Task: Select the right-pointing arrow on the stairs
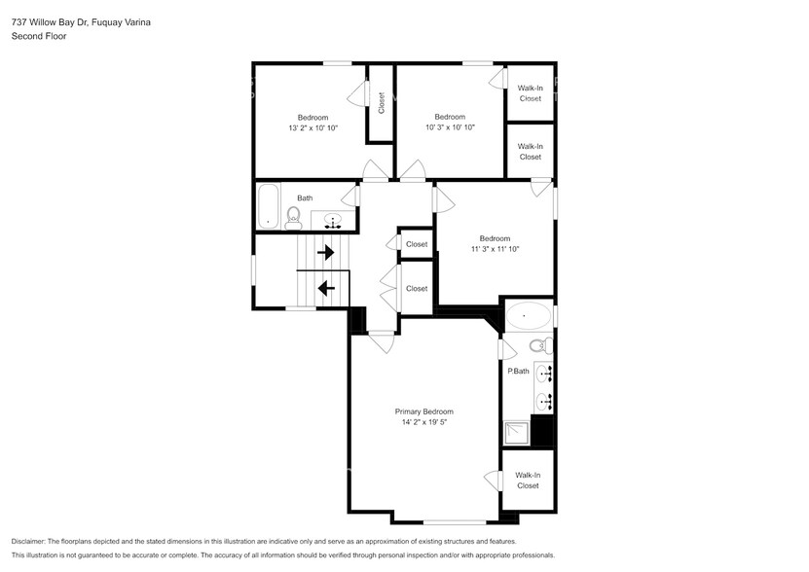(x=327, y=253)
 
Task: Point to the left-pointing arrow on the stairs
(x=327, y=288)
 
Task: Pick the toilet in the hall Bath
(x=294, y=218)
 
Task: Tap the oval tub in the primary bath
(x=529, y=316)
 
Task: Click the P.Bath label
(x=518, y=371)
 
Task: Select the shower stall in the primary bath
(x=517, y=432)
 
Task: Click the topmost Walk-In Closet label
(x=530, y=93)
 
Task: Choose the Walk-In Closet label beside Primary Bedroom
(x=528, y=480)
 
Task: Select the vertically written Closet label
(x=381, y=102)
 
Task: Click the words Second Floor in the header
(x=36, y=36)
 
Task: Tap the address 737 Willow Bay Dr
(x=50, y=21)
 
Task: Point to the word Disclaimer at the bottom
(x=31, y=541)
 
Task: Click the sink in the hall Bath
(x=333, y=222)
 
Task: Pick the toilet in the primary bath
(x=537, y=345)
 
